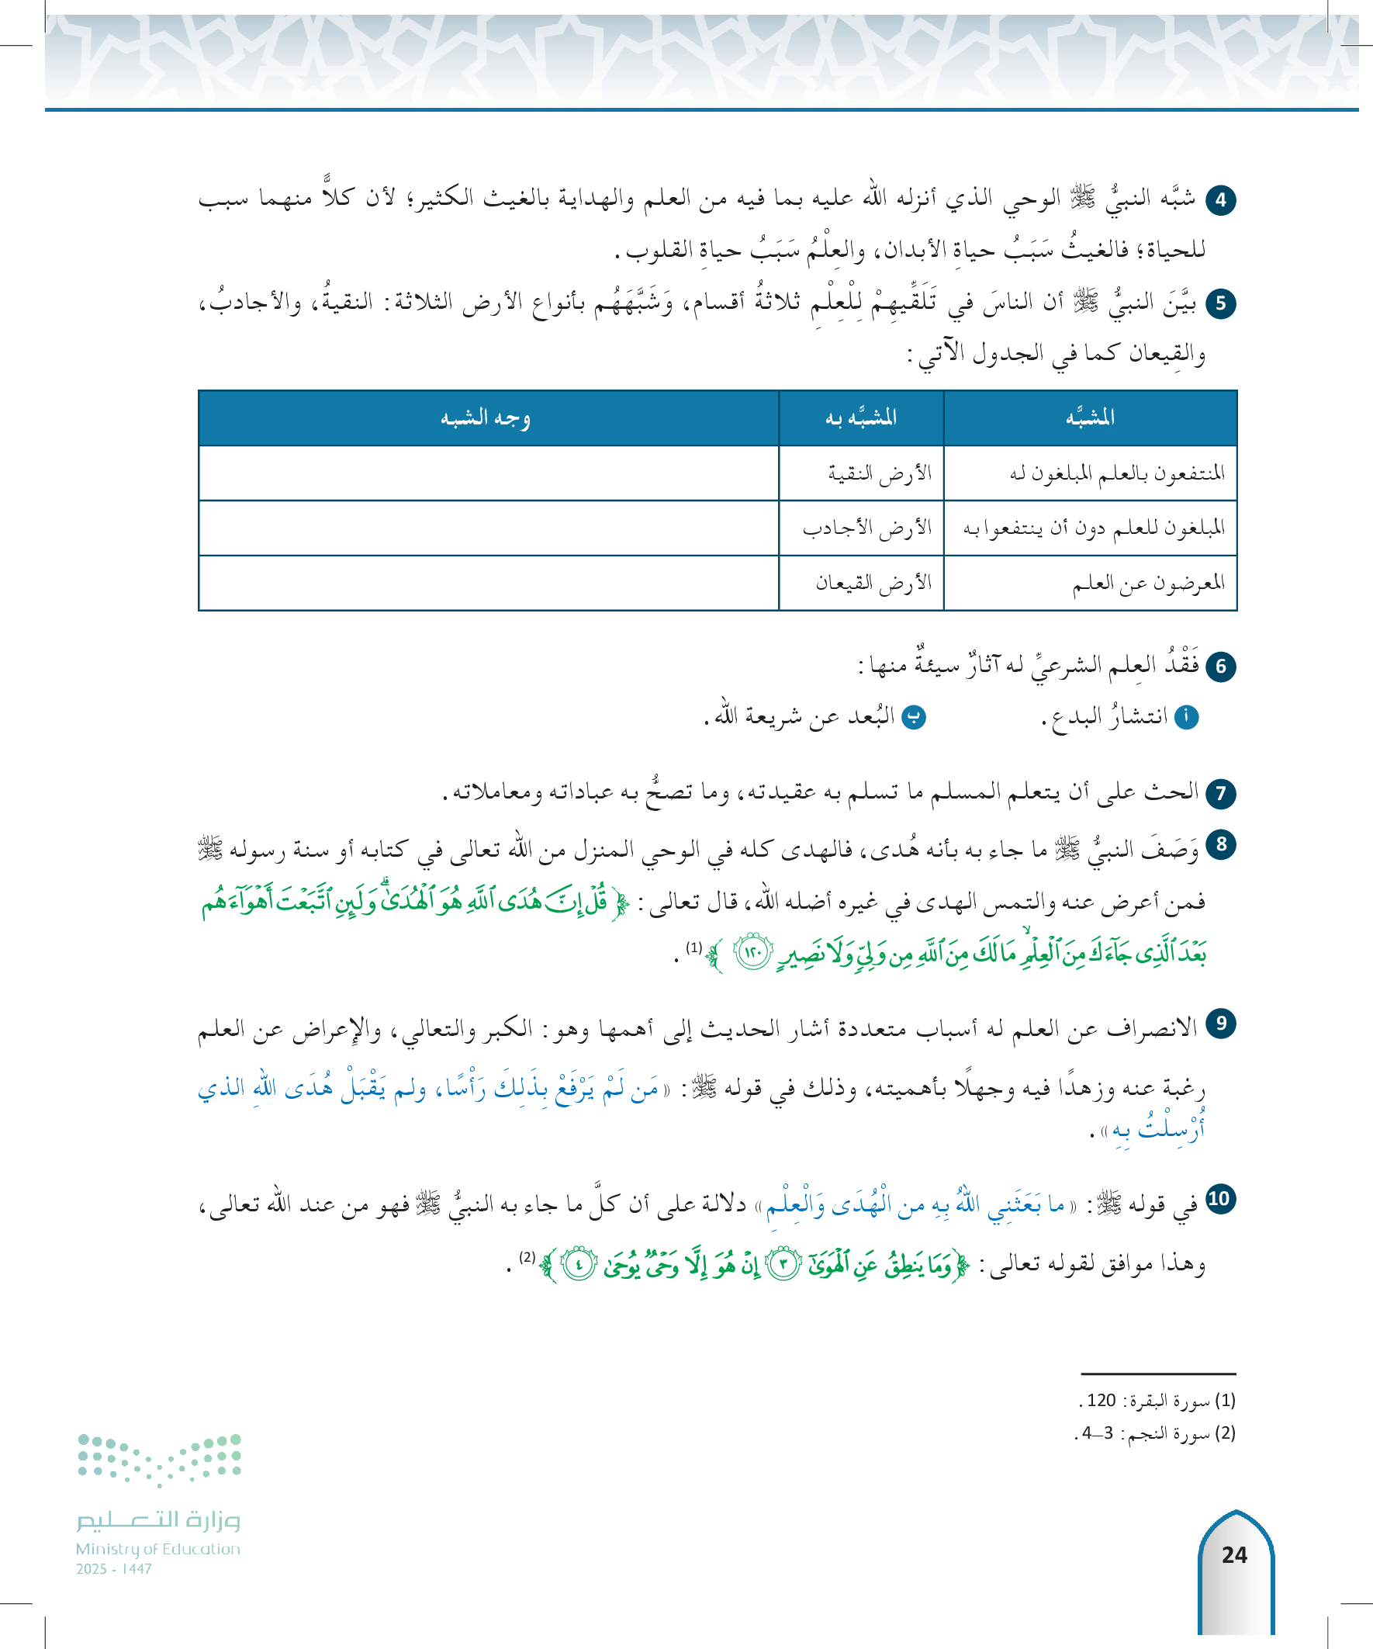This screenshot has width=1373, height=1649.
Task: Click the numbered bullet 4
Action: coord(1220,200)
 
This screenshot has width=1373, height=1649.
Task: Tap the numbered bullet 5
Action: coord(1220,304)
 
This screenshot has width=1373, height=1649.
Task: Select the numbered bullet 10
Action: coord(1219,1199)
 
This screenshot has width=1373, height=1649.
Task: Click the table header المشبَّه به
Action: coord(860,417)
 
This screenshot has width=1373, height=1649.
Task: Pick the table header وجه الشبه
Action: coord(486,417)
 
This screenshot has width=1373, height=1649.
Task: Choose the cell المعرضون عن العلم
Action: coord(1148,583)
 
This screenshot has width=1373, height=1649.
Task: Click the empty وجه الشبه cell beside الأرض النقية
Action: coord(488,473)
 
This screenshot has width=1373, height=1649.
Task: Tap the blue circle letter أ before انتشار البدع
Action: coord(1186,717)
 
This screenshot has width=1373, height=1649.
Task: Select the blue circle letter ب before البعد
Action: coord(914,717)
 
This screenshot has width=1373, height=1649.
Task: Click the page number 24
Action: coord(1234,1554)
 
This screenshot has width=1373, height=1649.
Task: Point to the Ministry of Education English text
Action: coord(157,1548)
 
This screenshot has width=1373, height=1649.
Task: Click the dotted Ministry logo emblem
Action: coord(159,1460)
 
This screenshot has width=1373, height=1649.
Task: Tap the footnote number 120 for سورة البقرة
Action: coord(1102,1400)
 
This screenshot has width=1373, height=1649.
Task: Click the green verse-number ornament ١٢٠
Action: coord(753,953)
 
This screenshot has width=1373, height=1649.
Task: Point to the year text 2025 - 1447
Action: coord(114,1568)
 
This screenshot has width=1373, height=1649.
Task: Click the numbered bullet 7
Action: coord(1220,793)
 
